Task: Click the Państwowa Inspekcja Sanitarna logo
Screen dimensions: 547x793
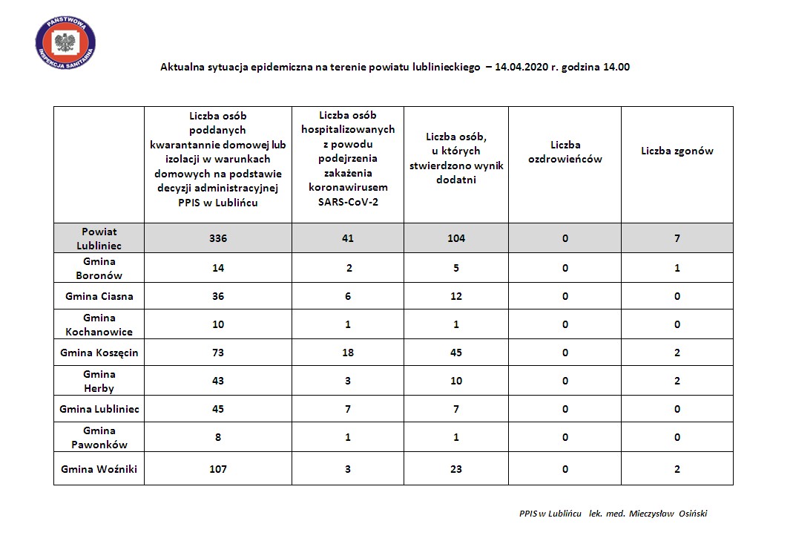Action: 66,42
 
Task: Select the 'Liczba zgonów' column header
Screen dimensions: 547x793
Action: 677,151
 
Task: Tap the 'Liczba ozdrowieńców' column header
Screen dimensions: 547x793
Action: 565,151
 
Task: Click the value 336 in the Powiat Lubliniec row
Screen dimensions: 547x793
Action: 217,238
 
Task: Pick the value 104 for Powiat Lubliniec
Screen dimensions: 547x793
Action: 455,238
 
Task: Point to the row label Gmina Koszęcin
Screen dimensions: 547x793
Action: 99,353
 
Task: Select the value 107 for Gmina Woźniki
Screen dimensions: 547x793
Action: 217,469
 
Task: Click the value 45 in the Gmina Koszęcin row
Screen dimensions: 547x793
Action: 455,353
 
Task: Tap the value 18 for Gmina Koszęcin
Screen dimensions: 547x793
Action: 347,353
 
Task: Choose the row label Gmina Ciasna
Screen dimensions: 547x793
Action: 99,296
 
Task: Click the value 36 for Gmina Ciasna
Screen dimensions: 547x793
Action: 217,296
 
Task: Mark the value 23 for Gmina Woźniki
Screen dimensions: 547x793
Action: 455,469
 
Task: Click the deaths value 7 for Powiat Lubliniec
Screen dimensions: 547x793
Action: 677,238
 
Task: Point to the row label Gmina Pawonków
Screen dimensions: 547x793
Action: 99,437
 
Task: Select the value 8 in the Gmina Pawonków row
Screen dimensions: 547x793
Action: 217,437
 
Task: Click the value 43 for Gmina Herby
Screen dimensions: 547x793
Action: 217,381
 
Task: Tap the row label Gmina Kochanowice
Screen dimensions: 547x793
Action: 99,324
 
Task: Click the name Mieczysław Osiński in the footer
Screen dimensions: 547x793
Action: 668,513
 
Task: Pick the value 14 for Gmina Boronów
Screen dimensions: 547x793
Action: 217,268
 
